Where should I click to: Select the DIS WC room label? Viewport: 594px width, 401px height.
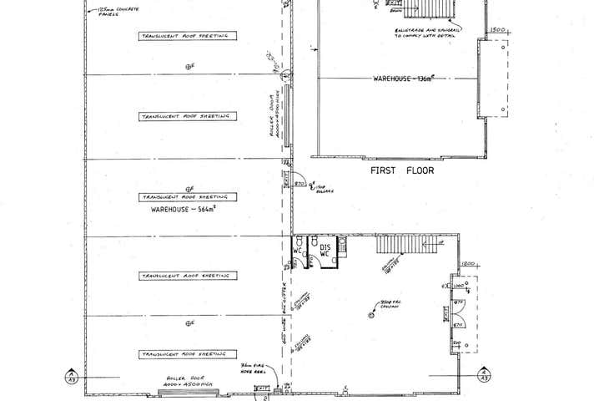pos(325,251)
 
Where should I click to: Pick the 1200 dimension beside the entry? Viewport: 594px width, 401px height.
pos(468,264)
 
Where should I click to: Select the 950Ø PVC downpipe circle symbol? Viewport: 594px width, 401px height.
pos(371,314)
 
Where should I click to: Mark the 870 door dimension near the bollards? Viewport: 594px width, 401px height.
pos(301,181)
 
